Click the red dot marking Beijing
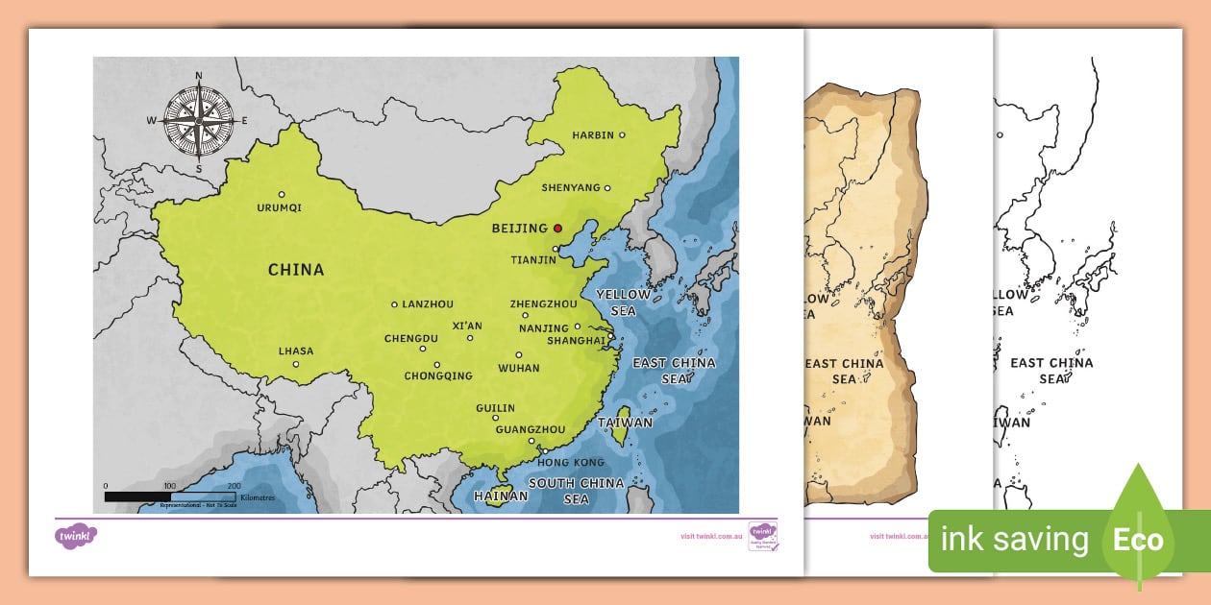pos(557,229)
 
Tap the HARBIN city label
pos(592,135)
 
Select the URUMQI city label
pos(280,207)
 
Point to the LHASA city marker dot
pos(296,364)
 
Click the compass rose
pos(199,121)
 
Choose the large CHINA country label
pos(296,270)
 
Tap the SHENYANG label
pos(570,187)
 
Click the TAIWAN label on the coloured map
pos(625,423)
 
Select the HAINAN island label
pos(501,496)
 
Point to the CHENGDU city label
pos(411,339)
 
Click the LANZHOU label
pos(428,304)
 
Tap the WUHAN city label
pos(519,368)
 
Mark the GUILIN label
pos(496,408)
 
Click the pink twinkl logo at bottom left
pos(77,534)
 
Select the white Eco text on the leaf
pos(1138,540)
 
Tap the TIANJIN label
pos(533,259)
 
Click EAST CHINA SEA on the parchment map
pos(844,371)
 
